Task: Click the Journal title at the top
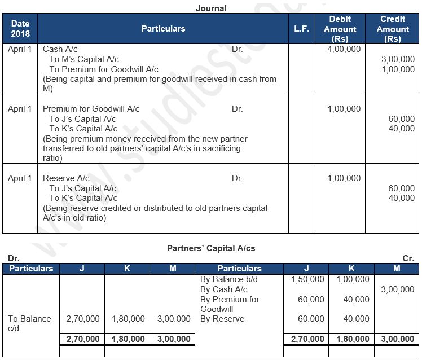pyautogui.click(x=211, y=8)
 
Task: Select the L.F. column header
pyautogui.click(x=302, y=29)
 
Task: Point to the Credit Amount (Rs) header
pyautogui.click(x=393, y=29)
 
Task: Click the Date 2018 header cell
pyautogui.click(x=20, y=29)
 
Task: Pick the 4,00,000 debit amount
pyautogui.click(x=344, y=49)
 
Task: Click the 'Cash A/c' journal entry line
pyautogui.click(x=61, y=49)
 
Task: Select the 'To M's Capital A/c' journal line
pyautogui.click(x=83, y=59)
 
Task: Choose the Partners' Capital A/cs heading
pyautogui.click(x=210, y=248)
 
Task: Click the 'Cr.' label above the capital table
pyautogui.click(x=408, y=258)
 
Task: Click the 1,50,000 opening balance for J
pyautogui.click(x=307, y=279)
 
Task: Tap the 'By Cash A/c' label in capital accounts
pyautogui.click(x=224, y=289)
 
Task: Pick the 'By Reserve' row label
pyautogui.click(x=222, y=319)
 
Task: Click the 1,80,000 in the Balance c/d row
pyautogui.click(x=128, y=319)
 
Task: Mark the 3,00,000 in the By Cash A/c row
pyautogui.click(x=397, y=289)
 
